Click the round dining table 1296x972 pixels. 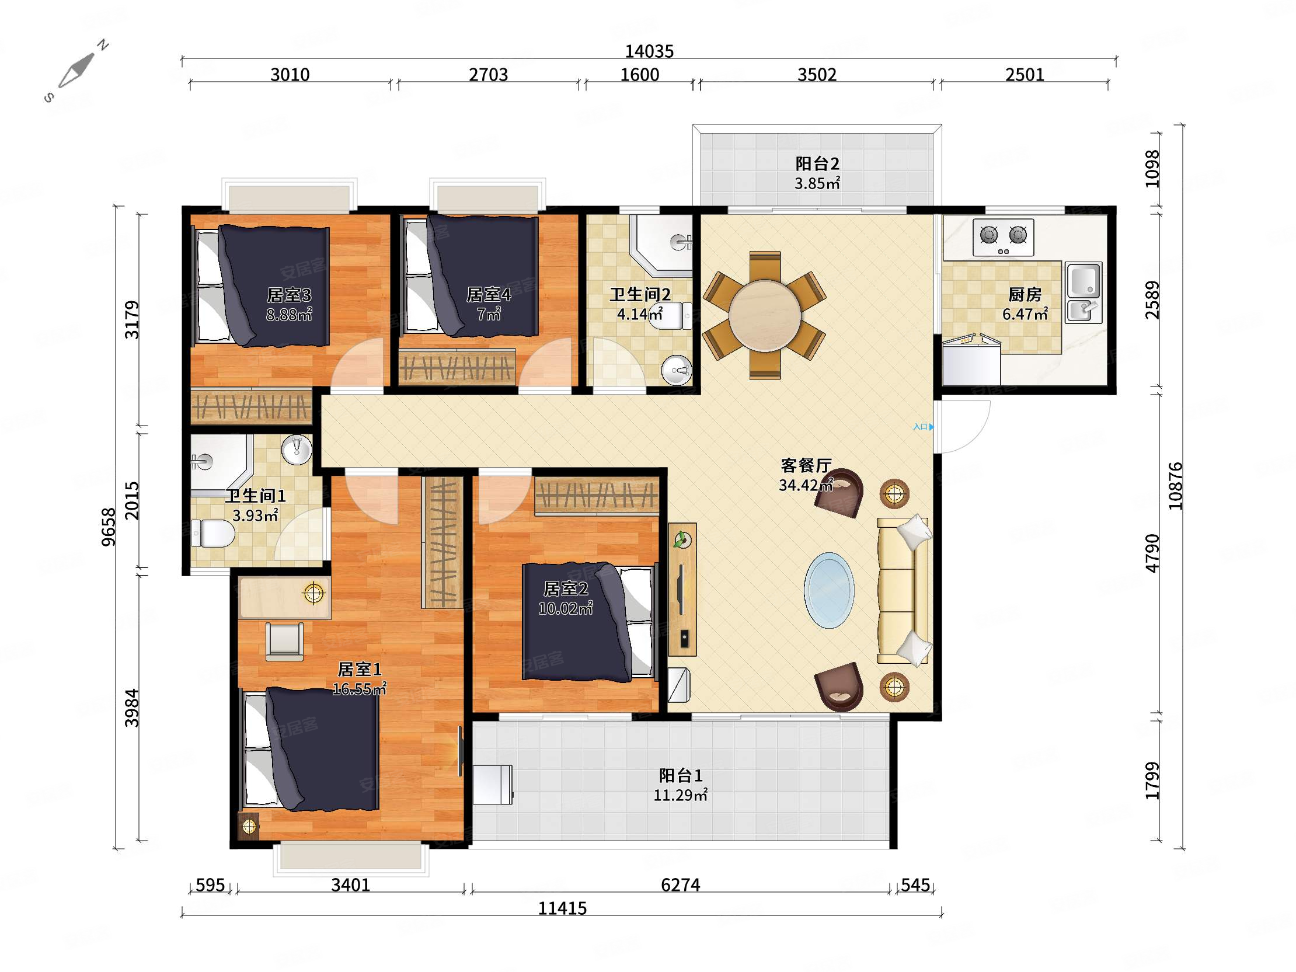tap(765, 316)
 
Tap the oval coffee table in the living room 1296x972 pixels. tap(828, 590)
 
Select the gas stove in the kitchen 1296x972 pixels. tap(1003, 237)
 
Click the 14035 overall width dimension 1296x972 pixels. tap(649, 51)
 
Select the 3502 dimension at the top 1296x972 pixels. tap(817, 75)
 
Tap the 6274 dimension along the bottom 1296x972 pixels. tap(680, 884)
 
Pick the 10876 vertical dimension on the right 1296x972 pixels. tap(1175, 486)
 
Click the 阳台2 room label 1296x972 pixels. tap(817, 163)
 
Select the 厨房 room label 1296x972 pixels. tap(1025, 294)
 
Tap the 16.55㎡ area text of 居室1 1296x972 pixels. tap(359, 689)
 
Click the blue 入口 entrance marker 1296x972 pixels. tap(924, 427)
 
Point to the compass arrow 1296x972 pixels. tap(76, 70)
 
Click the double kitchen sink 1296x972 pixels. tap(1084, 292)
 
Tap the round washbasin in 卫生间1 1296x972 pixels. tap(297, 450)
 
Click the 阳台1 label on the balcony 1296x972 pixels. tap(680, 776)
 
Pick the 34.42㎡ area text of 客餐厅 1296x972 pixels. tap(806, 485)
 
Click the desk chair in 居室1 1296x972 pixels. tap(285, 641)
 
